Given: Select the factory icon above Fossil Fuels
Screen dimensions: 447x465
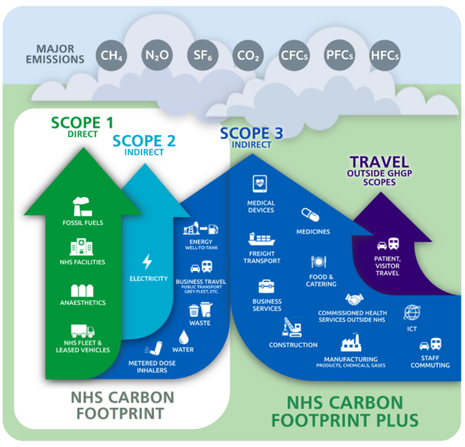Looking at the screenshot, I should [82, 207].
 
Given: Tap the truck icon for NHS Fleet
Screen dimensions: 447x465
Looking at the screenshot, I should [82, 331].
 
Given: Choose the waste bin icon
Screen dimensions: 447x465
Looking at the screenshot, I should [195, 309].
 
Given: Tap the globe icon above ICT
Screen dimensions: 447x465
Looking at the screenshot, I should [413, 313].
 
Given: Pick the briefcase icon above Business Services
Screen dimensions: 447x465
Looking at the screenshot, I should [267, 286].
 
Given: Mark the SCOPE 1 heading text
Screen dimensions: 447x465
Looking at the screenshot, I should [82, 123].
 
